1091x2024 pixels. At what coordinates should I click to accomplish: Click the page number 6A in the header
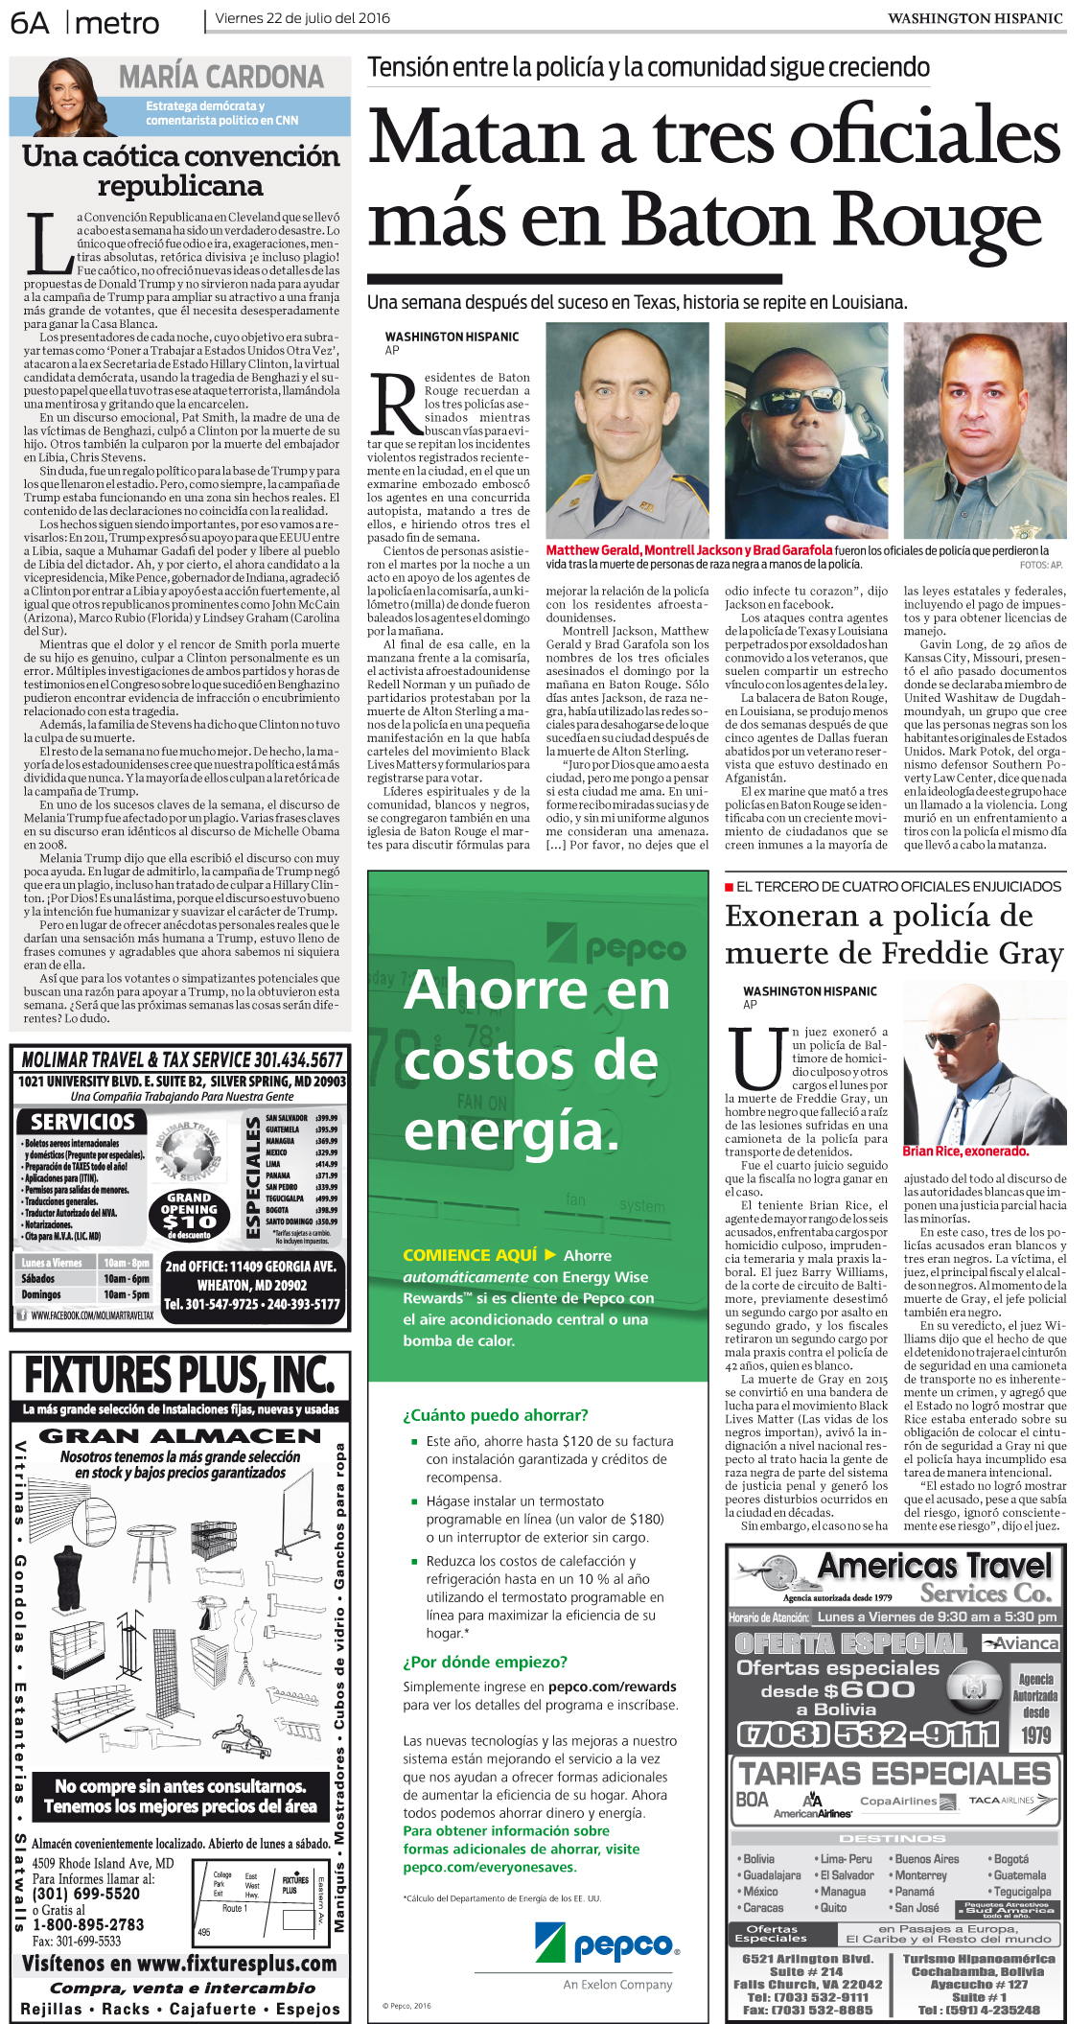(30, 22)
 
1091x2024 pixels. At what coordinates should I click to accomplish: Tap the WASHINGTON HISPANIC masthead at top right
(974, 18)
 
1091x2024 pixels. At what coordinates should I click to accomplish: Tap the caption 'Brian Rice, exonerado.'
(964, 1152)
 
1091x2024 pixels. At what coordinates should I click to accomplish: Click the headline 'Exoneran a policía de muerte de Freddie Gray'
(894, 934)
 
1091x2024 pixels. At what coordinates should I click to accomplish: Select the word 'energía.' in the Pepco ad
(512, 1130)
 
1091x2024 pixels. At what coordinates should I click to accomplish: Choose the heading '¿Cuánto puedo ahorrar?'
(495, 1415)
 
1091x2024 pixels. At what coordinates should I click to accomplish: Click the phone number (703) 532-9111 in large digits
(868, 1734)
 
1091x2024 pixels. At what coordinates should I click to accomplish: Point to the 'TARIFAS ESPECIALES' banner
(894, 1773)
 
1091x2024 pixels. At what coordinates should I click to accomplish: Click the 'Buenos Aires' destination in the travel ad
(926, 1858)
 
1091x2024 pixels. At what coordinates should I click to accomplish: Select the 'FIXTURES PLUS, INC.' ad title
(179, 1376)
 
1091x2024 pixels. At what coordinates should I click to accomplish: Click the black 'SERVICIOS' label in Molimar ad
(82, 1122)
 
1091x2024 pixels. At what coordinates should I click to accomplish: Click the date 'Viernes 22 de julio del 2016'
(302, 18)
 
